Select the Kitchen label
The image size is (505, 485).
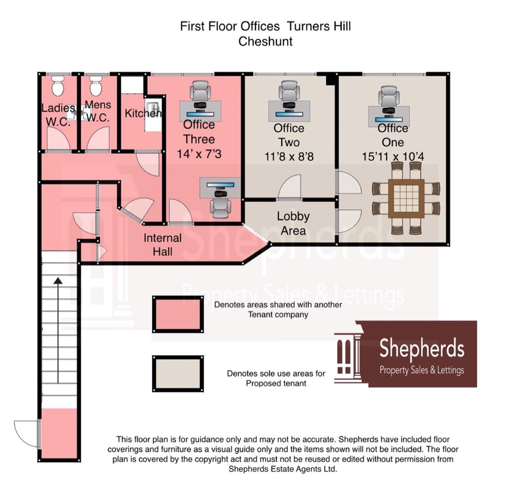click(x=143, y=113)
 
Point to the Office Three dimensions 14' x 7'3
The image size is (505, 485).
click(x=199, y=154)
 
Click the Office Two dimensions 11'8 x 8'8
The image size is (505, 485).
click(x=289, y=157)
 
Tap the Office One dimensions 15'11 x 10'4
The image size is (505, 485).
click(x=393, y=157)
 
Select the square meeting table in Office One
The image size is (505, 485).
click(x=406, y=198)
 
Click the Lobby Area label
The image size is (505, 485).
click(x=293, y=223)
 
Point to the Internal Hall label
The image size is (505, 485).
click(x=162, y=245)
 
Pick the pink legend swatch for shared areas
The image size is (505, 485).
click(x=178, y=315)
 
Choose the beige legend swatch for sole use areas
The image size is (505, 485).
click(x=178, y=374)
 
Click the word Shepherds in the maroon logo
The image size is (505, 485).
click(x=422, y=349)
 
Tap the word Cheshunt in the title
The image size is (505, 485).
click(x=265, y=41)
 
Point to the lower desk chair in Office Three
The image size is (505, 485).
click(x=220, y=206)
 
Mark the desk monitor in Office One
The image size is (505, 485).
click(x=389, y=119)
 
